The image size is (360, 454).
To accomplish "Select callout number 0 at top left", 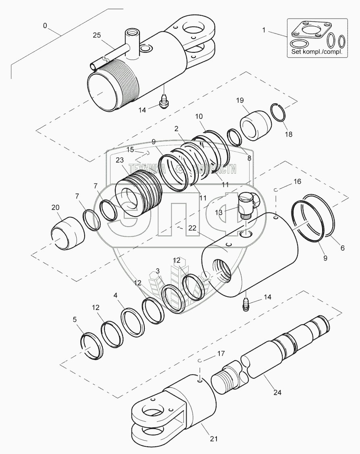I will pos(45,25).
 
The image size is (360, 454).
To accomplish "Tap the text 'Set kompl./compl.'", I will pos(316,52).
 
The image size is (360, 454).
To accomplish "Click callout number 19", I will pos(240,100).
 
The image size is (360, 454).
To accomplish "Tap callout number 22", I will pos(192,228).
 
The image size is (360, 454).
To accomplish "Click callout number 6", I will pos(342,248).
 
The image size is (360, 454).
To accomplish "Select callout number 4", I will pos(116,296).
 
